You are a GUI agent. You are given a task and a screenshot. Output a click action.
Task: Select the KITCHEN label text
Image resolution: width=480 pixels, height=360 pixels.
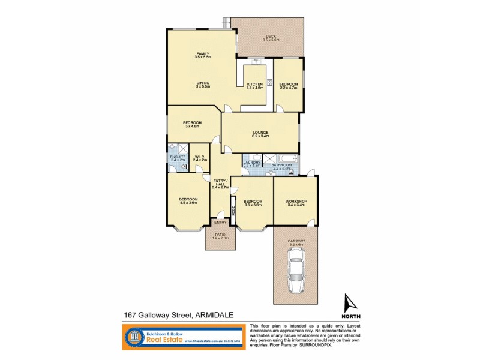point(254,84)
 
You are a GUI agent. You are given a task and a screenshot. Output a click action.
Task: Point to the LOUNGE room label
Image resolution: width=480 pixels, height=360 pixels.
point(260,132)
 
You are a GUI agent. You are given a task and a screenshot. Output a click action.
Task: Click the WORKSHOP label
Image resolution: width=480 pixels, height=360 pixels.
point(296,200)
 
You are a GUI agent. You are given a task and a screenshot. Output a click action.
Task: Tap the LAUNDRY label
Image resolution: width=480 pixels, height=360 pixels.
point(251,161)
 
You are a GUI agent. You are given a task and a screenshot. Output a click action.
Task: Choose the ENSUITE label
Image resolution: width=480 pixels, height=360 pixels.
point(178,157)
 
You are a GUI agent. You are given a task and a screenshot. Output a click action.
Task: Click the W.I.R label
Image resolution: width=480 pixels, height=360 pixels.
point(200,157)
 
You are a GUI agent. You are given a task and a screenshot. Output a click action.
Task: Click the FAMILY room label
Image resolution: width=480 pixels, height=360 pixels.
point(202,53)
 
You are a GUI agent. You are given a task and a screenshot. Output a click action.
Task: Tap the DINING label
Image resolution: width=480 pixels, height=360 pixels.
point(202,83)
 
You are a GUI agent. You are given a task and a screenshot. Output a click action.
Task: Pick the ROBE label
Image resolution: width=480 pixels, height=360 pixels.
point(234,212)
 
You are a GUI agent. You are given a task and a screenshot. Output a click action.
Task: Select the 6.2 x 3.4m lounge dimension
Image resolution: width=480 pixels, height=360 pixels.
point(260,136)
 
